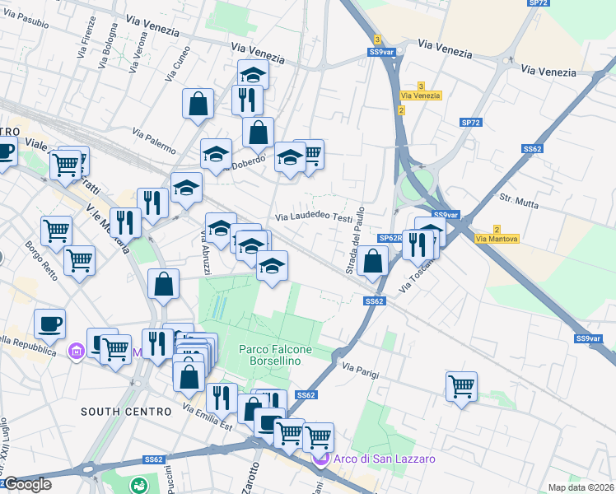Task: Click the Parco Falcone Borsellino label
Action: (x=276, y=355)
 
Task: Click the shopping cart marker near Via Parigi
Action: (x=461, y=386)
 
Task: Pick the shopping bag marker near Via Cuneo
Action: (x=198, y=104)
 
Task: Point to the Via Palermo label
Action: (x=154, y=141)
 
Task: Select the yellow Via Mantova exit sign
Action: (x=497, y=239)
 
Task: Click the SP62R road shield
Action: (x=390, y=238)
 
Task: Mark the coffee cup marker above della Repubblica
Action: (x=49, y=324)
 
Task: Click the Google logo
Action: (x=27, y=484)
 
